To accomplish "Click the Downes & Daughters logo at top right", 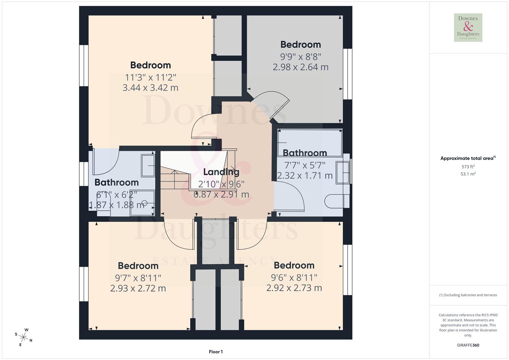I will pos(468,27).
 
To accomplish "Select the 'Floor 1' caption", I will pos(216,352).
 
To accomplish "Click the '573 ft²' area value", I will pos(468,167).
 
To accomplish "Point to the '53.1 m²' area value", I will pos(468,174).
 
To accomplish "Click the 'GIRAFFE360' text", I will pos(468,345).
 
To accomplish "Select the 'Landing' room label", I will pos(221,172).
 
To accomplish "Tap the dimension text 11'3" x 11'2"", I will pos(150,77).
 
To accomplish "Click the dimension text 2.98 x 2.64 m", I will pos(300,67).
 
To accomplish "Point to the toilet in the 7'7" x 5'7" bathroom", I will pos(337,201).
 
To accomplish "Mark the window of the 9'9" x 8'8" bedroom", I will pos(348,74).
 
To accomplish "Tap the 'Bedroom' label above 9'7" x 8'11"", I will pos(138,266).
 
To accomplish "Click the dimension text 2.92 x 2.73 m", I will pos(294,288).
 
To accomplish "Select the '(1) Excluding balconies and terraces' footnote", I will pos(468,295).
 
